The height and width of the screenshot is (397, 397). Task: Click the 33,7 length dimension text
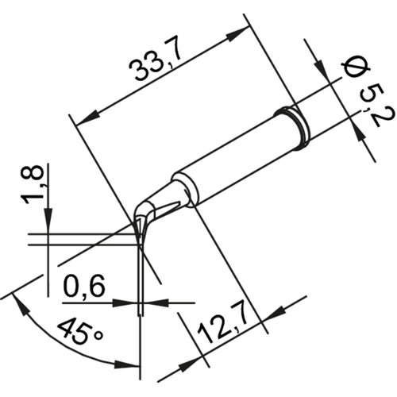pos(156,64)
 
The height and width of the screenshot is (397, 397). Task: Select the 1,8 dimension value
pos(33,184)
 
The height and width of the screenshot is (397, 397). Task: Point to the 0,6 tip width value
pos(84,287)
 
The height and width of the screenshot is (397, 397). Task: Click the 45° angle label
pos(79,333)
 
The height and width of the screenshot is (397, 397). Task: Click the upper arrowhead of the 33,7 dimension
pos(237,33)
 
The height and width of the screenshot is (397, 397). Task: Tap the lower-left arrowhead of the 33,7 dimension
pos(87,118)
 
